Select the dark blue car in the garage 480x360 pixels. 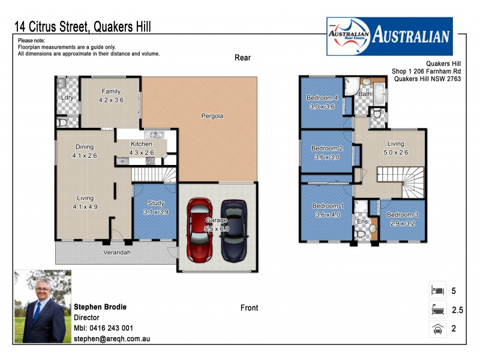pos(232,229)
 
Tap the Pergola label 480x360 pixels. pos(212,116)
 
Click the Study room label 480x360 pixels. pos(155,203)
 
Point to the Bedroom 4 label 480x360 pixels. pos(323,98)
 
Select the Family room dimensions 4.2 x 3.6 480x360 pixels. pos(111,100)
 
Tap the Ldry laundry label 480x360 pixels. pos(67,97)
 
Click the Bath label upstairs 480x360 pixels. pos(365,94)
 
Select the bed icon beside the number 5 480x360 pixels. pos(437,290)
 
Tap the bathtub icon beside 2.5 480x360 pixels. pos(437,310)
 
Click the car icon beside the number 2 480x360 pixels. pos(437,329)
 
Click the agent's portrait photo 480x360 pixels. pos(43,307)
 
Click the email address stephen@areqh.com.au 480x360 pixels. pos(111,339)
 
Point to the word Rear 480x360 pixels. pos(242,58)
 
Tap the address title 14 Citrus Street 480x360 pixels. pos(53,26)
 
